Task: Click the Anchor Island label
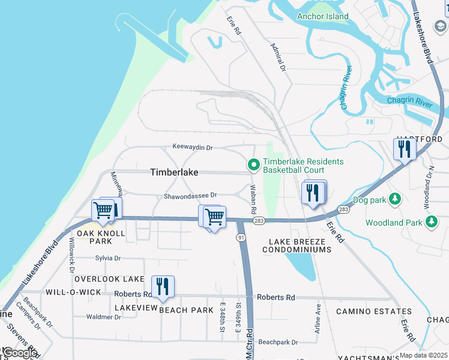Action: point(322,16)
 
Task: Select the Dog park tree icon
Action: point(395,199)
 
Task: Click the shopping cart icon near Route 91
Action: point(214,217)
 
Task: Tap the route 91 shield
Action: point(241,238)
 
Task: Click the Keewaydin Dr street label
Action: point(193,147)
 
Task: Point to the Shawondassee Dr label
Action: point(190,196)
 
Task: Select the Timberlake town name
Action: point(173,172)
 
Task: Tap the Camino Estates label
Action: point(373,311)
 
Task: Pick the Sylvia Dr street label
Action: point(108,258)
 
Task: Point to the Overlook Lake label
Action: point(109,279)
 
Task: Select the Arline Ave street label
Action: point(318,318)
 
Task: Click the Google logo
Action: point(20,353)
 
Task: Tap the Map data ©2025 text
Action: point(423,355)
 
